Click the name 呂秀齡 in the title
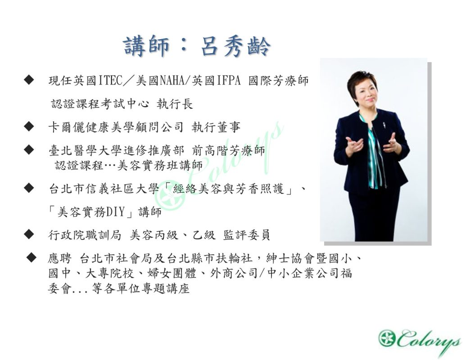pyautogui.click(x=235, y=46)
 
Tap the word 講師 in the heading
pyautogui.click(x=146, y=46)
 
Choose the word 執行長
pyautogui.click(x=175, y=104)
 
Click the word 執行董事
pyautogui.click(x=216, y=127)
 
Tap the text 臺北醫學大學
pyautogui.click(x=85, y=151)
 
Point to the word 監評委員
pyautogui.click(x=246, y=235)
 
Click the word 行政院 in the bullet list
pyautogui.click(x=67, y=235)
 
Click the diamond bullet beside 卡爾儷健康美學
pyautogui.click(x=29, y=126)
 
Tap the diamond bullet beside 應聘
pyautogui.click(x=31, y=257)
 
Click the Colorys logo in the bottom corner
pyautogui.click(x=420, y=342)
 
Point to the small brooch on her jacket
pyautogui.click(x=384, y=125)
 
